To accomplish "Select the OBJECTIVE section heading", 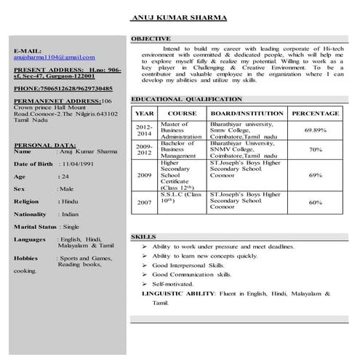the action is click(x=151, y=39).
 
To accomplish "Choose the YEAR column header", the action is click(x=144, y=114).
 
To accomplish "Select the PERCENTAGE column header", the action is click(x=315, y=114).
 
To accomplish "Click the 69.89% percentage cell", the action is click(x=315, y=129).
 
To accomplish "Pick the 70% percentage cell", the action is click(x=316, y=149).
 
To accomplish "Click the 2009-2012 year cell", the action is click(x=144, y=149).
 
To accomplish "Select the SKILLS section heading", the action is click(x=143, y=237).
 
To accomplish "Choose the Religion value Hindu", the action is click(x=70, y=200).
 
